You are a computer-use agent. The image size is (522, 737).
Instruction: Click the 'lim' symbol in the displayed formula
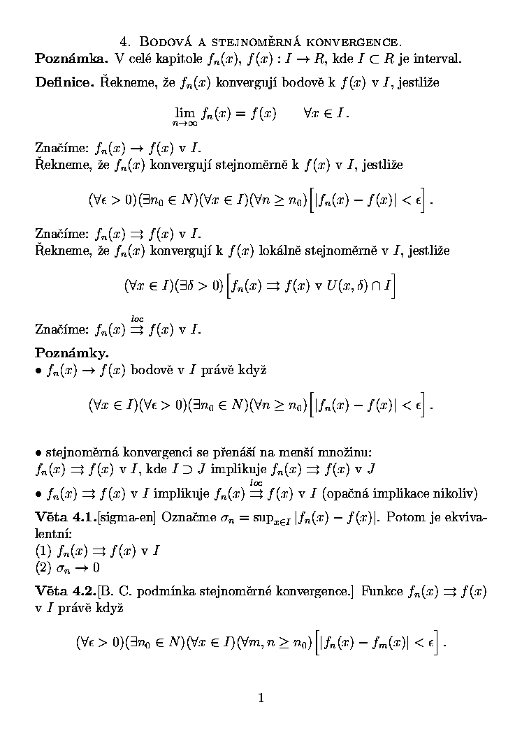pos(184,111)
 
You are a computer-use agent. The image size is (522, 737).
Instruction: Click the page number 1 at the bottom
pos(261,697)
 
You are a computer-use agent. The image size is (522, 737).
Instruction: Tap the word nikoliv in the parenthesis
pos(455,494)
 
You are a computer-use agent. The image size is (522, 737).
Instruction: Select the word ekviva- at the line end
pos(464,518)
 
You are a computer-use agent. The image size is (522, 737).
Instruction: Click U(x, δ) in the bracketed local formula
pos(345,285)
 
